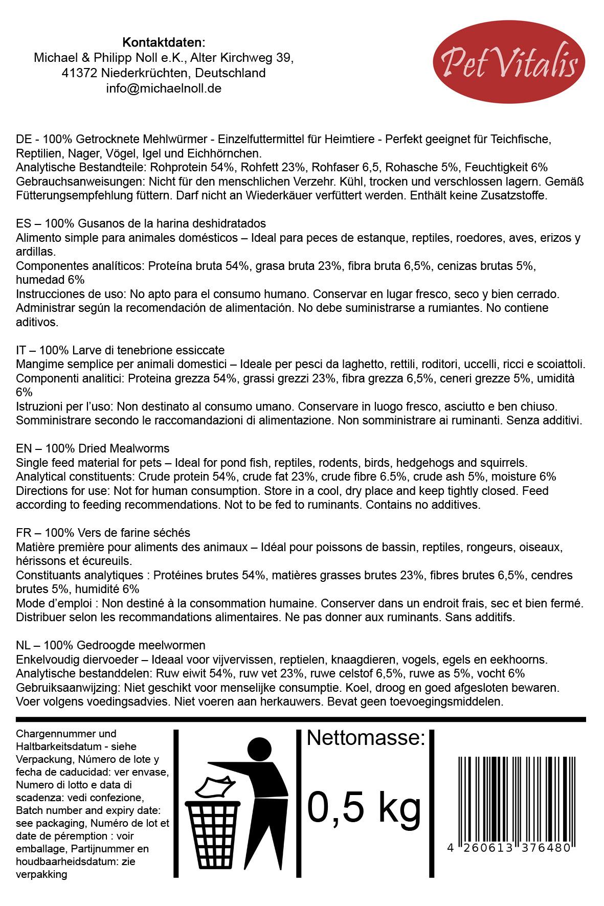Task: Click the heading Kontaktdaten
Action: coord(164,42)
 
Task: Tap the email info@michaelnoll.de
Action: coord(164,88)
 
